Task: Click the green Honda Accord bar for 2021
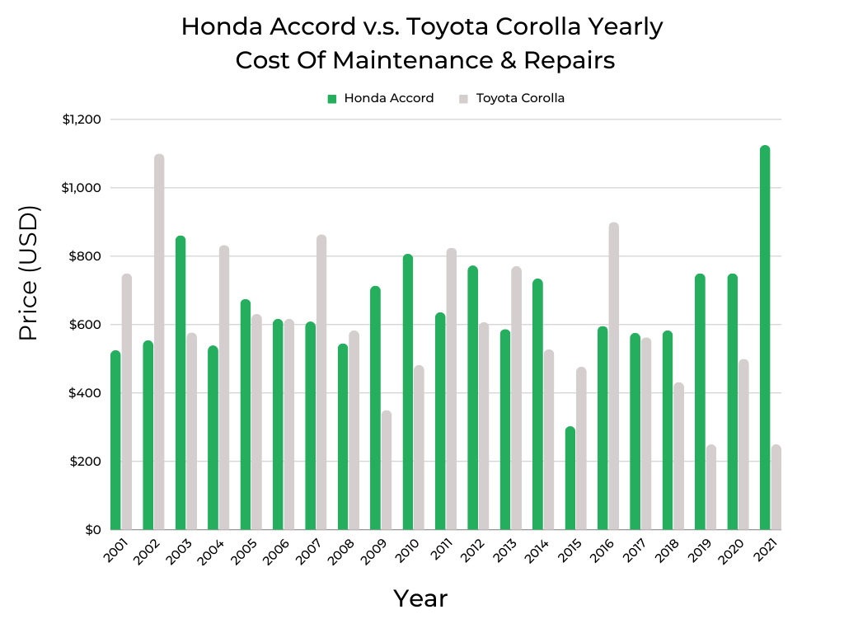click(x=765, y=338)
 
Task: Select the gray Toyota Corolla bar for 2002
click(x=159, y=342)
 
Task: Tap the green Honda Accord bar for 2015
click(x=570, y=478)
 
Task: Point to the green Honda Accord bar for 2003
click(x=181, y=382)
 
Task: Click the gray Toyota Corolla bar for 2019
click(x=710, y=487)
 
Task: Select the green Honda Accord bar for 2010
click(x=408, y=392)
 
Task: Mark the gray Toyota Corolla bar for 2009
click(x=387, y=470)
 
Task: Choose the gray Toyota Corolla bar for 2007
click(x=321, y=382)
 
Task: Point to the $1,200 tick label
click(x=82, y=120)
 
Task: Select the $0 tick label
click(x=92, y=530)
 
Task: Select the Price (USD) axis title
click(x=29, y=273)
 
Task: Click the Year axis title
click(x=420, y=598)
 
